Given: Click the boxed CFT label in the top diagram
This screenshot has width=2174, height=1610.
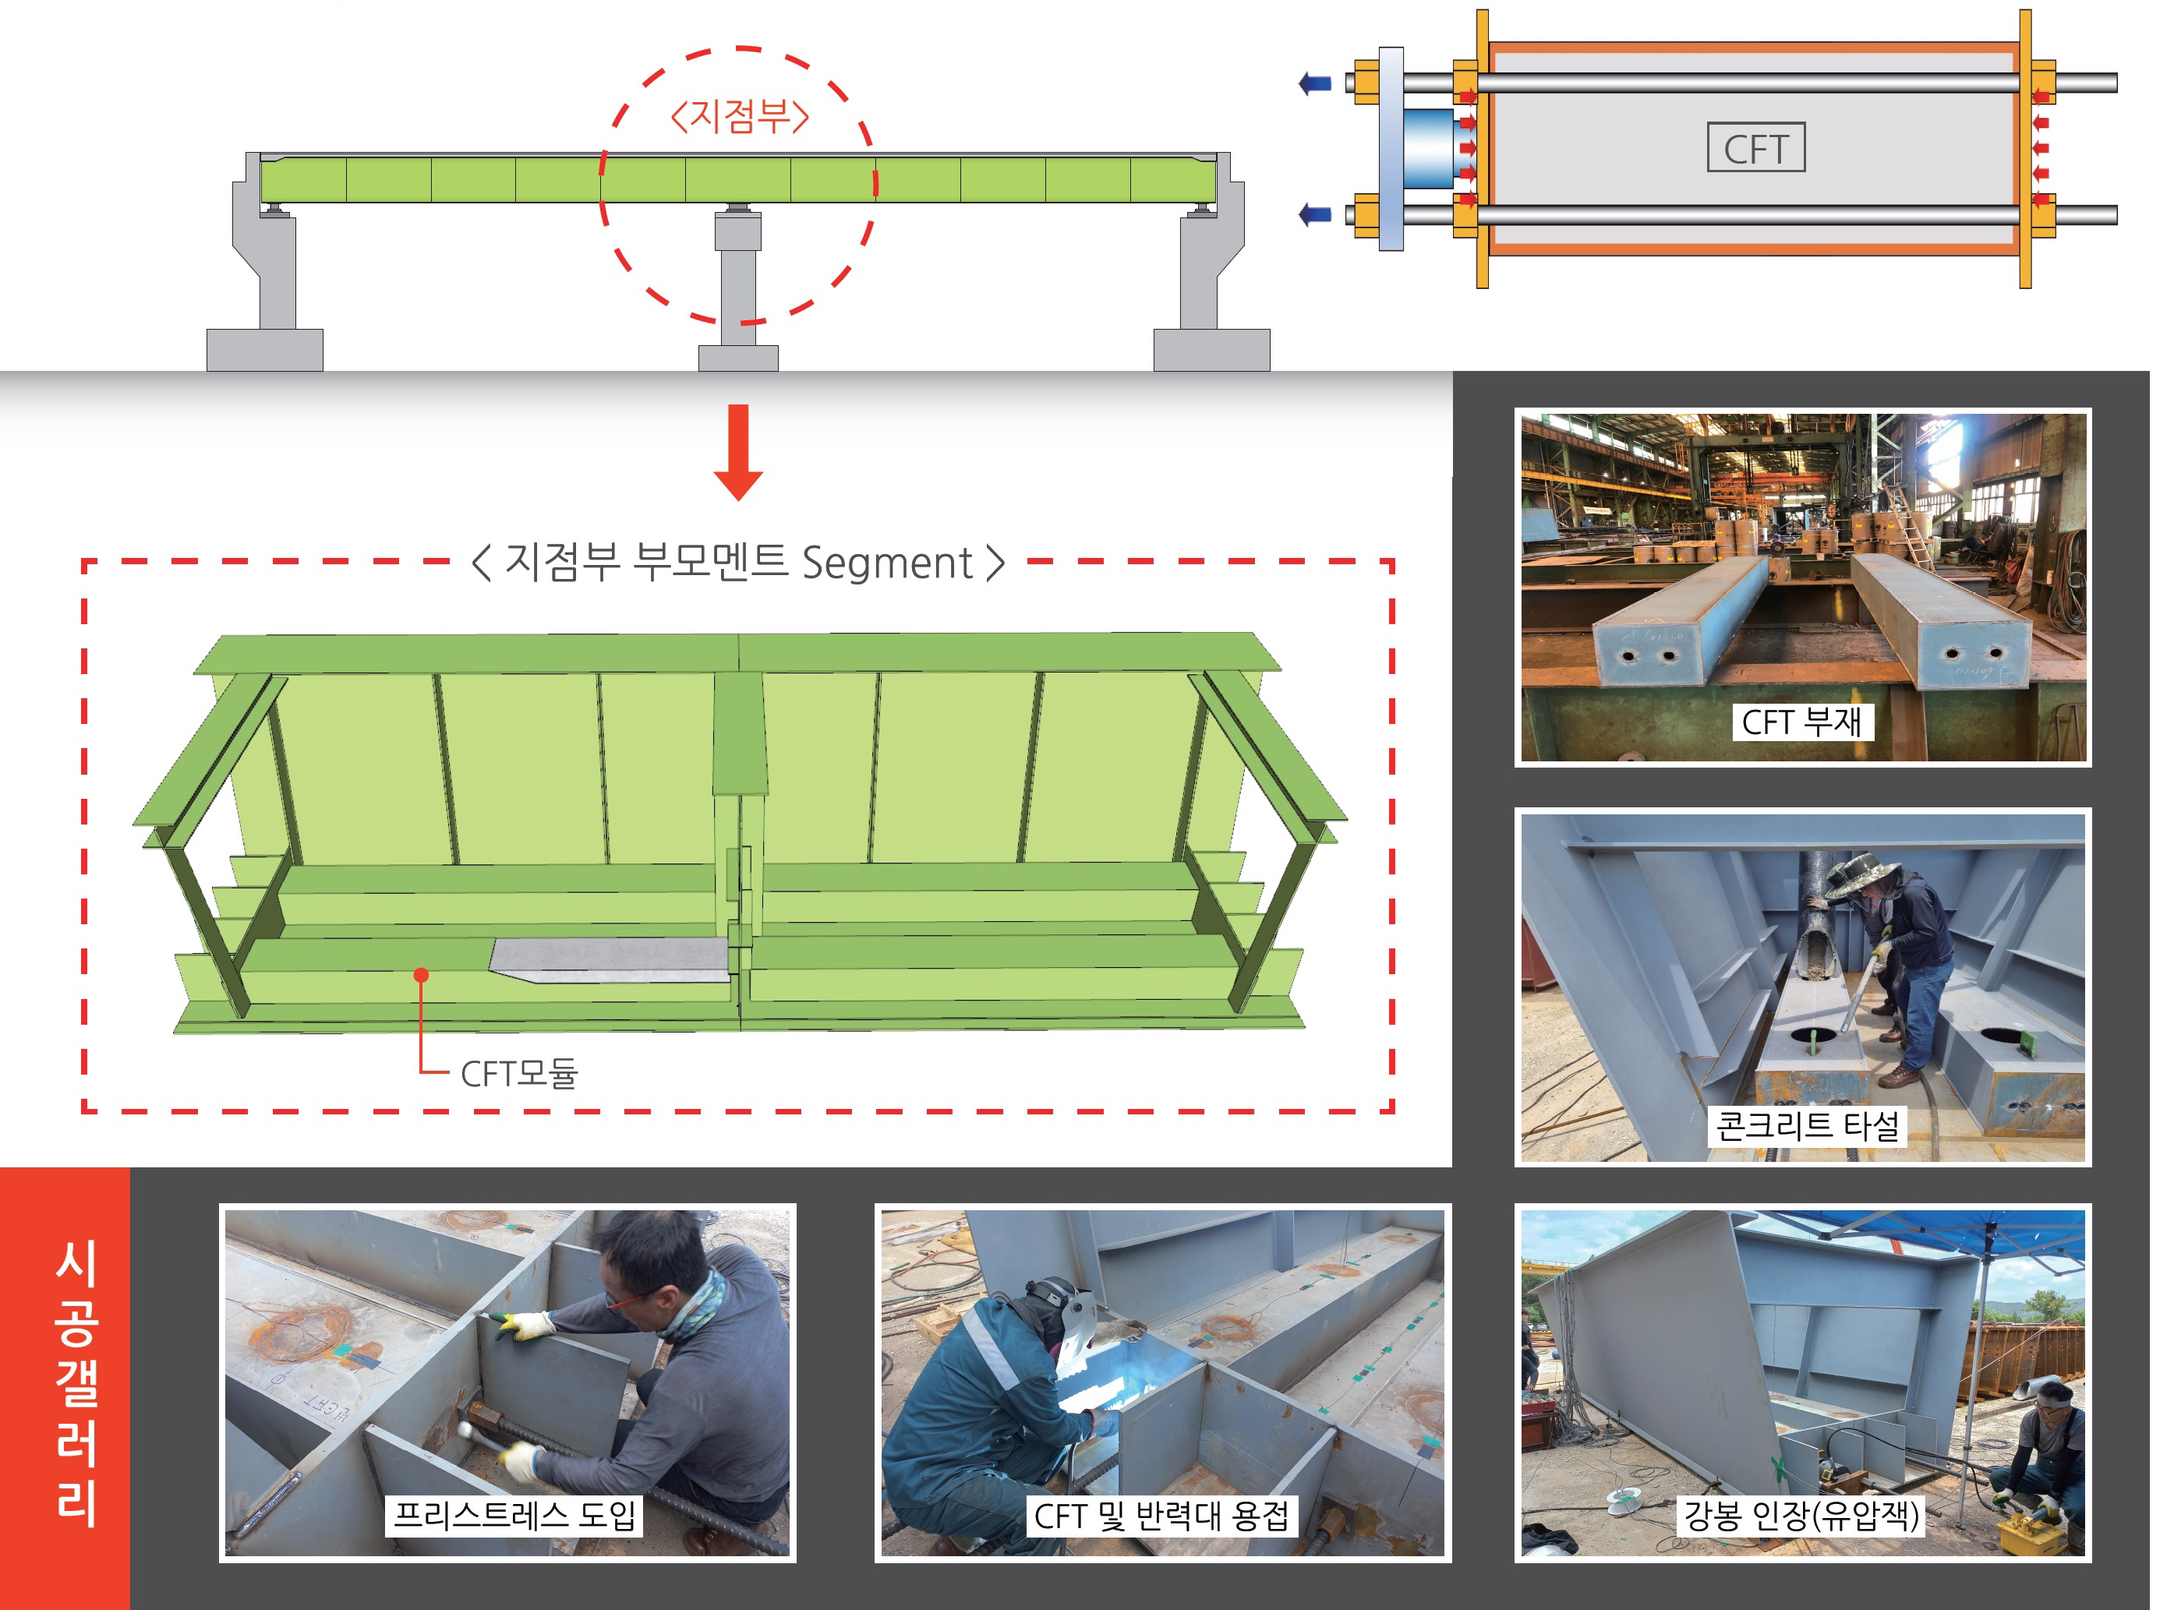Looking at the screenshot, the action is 1755,147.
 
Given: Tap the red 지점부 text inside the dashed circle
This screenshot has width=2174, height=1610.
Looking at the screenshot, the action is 740,116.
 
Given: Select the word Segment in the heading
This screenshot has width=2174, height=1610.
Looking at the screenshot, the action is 886,563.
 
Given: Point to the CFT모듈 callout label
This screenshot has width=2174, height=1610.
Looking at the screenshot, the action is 518,1073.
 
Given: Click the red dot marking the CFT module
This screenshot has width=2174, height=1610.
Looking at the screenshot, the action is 421,975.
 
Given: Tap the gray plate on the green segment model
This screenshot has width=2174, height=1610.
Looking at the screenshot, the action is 610,959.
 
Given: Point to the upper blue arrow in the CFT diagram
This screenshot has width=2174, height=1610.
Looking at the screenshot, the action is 1315,83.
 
